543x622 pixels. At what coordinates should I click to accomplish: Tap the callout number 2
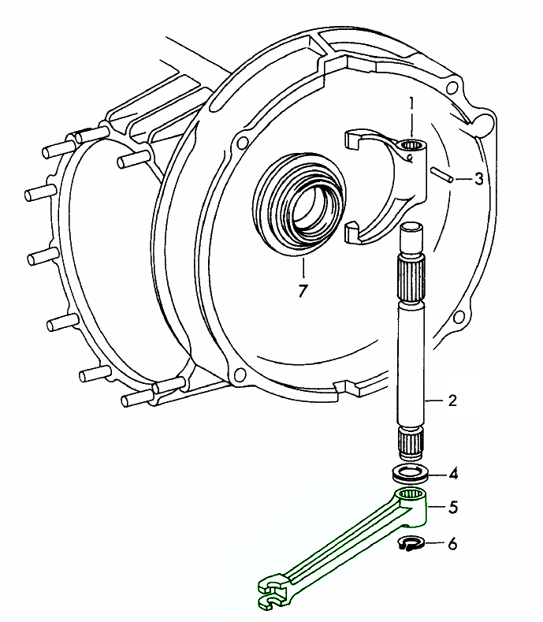(452, 400)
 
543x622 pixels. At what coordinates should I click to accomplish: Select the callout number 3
(479, 179)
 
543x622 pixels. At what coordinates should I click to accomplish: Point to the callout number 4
(453, 474)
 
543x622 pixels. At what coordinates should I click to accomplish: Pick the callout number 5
(453, 508)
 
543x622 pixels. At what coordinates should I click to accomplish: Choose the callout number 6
(452, 544)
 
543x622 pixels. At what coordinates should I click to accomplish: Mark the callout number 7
(303, 291)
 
